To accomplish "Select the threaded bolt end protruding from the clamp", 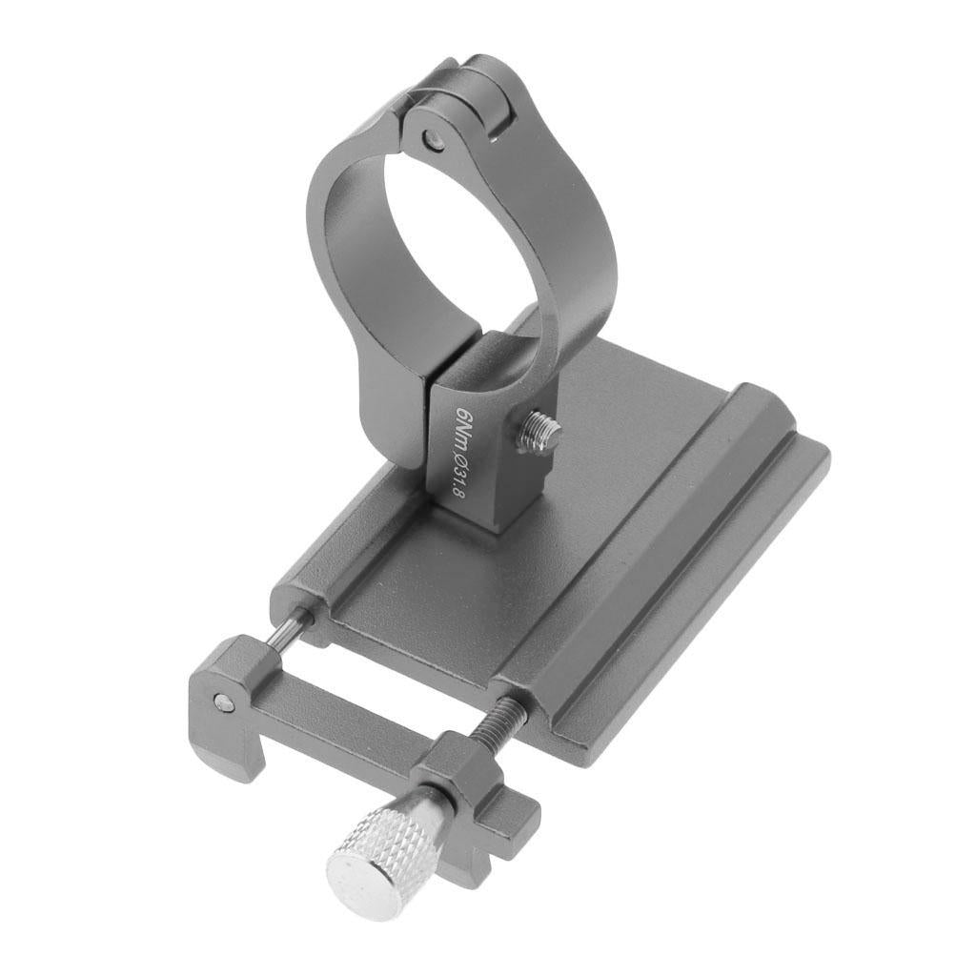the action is pos(541,430).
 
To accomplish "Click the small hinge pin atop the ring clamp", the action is pos(432,139).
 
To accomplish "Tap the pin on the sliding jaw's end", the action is pos(223,702).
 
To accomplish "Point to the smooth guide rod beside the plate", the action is pos(286,631).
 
